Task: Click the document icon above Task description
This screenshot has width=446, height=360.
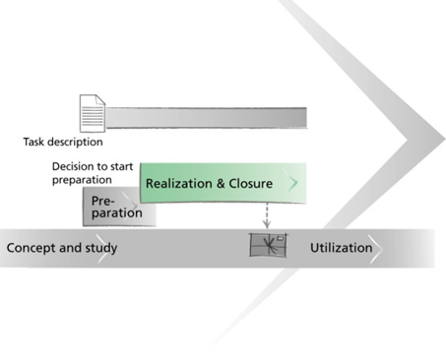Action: tap(93, 113)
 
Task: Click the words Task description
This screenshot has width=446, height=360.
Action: tap(63, 142)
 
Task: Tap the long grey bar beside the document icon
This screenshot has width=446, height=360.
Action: tap(207, 118)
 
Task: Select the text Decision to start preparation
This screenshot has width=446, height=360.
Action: tap(93, 173)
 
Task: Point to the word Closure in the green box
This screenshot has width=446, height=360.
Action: tap(250, 183)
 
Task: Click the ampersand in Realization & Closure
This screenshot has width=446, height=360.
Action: tap(222, 184)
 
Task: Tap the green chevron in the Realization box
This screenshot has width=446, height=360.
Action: tap(293, 183)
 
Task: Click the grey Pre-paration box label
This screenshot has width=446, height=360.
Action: tap(117, 207)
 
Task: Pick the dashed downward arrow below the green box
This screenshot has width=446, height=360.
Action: tap(267, 215)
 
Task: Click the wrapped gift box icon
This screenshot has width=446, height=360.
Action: tap(268, 245)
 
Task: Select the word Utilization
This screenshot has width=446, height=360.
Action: tap(342, 248)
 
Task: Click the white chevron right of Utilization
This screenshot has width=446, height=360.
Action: tap(377, 249)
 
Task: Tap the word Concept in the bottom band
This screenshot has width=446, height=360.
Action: tap(32, 248)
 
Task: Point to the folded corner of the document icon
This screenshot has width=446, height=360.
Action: tap(100, 99)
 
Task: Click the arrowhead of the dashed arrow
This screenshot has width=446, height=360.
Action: tap(267, 225)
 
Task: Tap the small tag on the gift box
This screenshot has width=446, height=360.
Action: tap(281, 238)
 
